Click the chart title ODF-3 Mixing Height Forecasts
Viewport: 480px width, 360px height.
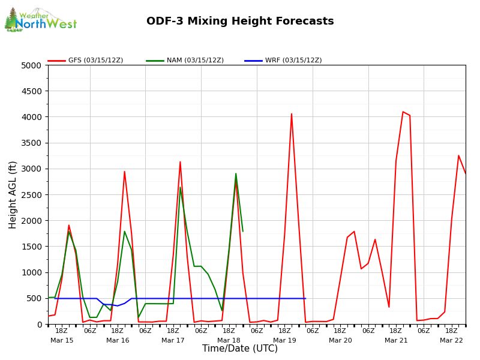240,22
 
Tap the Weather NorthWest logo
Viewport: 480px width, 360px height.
40,20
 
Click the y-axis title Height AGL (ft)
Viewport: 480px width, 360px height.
13,194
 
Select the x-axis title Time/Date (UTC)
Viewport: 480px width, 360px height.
240,349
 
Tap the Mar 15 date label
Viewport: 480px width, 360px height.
62,340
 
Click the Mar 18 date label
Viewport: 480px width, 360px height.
229,340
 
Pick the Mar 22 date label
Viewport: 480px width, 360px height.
451,340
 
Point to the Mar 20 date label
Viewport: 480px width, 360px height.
340,340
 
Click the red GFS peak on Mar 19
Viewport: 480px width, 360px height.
292,114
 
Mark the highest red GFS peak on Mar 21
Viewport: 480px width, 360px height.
403,112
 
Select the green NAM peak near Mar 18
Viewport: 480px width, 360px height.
236,174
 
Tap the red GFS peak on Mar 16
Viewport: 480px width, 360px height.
124,172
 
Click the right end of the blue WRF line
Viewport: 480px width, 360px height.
305,298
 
